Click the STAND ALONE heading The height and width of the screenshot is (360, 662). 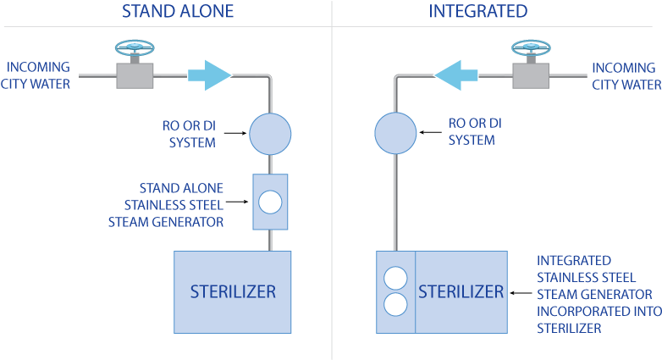[177, 11]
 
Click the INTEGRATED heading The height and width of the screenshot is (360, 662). [477, 11]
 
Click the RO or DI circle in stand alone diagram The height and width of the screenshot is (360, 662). [270, 133]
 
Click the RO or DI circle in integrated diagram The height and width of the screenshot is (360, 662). [395, 134]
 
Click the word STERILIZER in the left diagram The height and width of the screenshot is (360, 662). [232, 292]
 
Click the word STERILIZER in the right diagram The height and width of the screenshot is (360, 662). [461, 292]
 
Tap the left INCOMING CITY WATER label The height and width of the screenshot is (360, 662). [39, 75]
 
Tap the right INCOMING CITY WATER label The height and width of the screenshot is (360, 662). [626, 75]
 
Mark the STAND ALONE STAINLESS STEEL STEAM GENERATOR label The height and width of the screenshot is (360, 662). [166, 205]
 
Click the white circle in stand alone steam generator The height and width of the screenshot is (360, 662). [270, 202]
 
